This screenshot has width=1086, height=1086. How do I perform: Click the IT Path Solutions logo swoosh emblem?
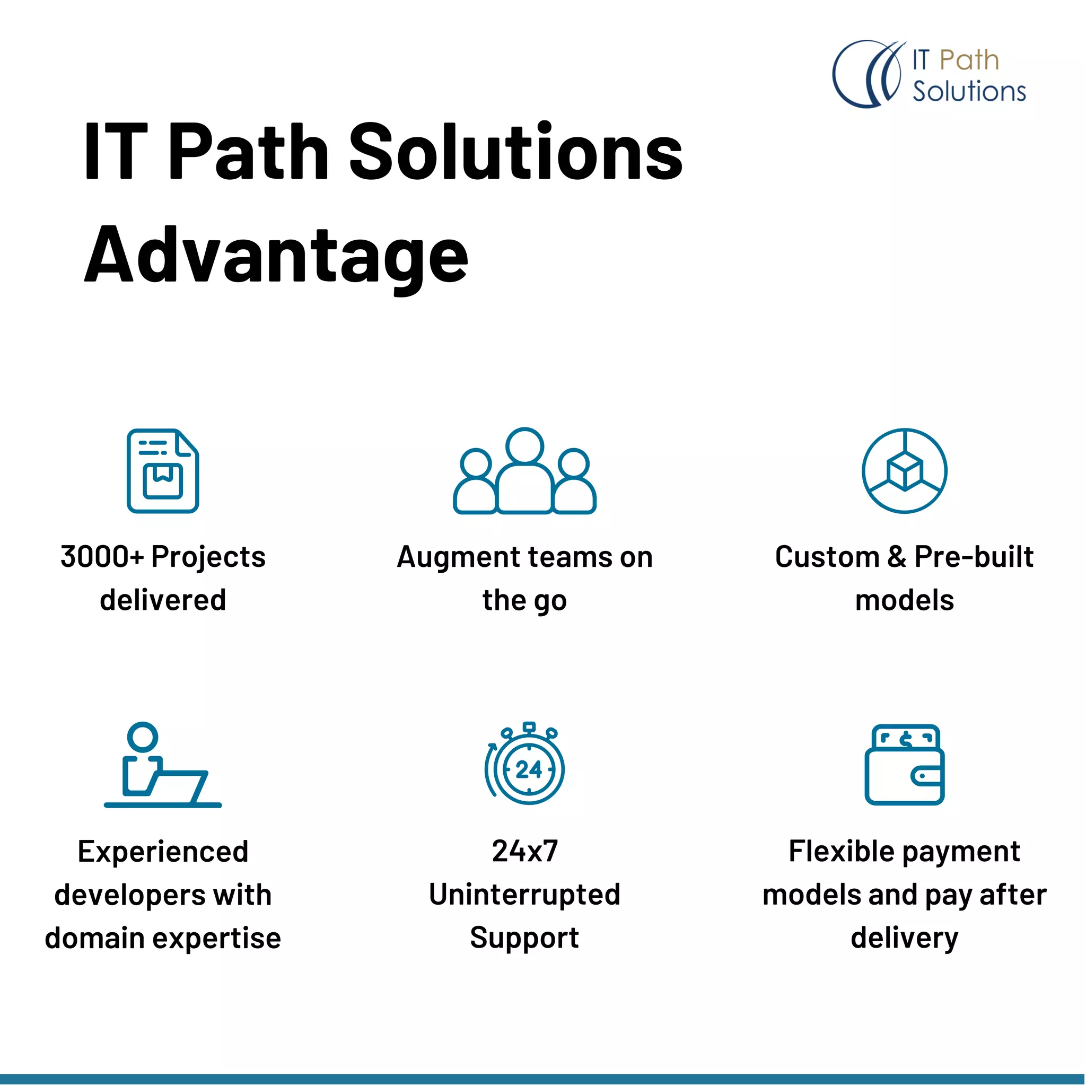[868, 74]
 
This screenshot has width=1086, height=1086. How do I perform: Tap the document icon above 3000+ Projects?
[162, 470]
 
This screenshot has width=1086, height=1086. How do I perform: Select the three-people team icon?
[524, 471]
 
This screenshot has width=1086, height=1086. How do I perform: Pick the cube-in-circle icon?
[905, 470]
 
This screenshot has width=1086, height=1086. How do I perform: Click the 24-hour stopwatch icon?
[525, 765]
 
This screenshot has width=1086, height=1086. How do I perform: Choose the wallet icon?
[905, 765]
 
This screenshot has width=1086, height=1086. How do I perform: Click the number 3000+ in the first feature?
[102, 557]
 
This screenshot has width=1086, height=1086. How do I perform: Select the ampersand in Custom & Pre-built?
[897, 557]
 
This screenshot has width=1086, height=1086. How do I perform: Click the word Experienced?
[163, 852]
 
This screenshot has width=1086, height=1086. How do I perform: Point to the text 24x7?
[525, 851]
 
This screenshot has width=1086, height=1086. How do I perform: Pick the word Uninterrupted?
[525, 895]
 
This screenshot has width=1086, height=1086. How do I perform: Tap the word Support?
[525, 938]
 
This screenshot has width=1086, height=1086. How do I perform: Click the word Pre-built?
[974, 557]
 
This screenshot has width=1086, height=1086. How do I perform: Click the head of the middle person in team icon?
[524, 446]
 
